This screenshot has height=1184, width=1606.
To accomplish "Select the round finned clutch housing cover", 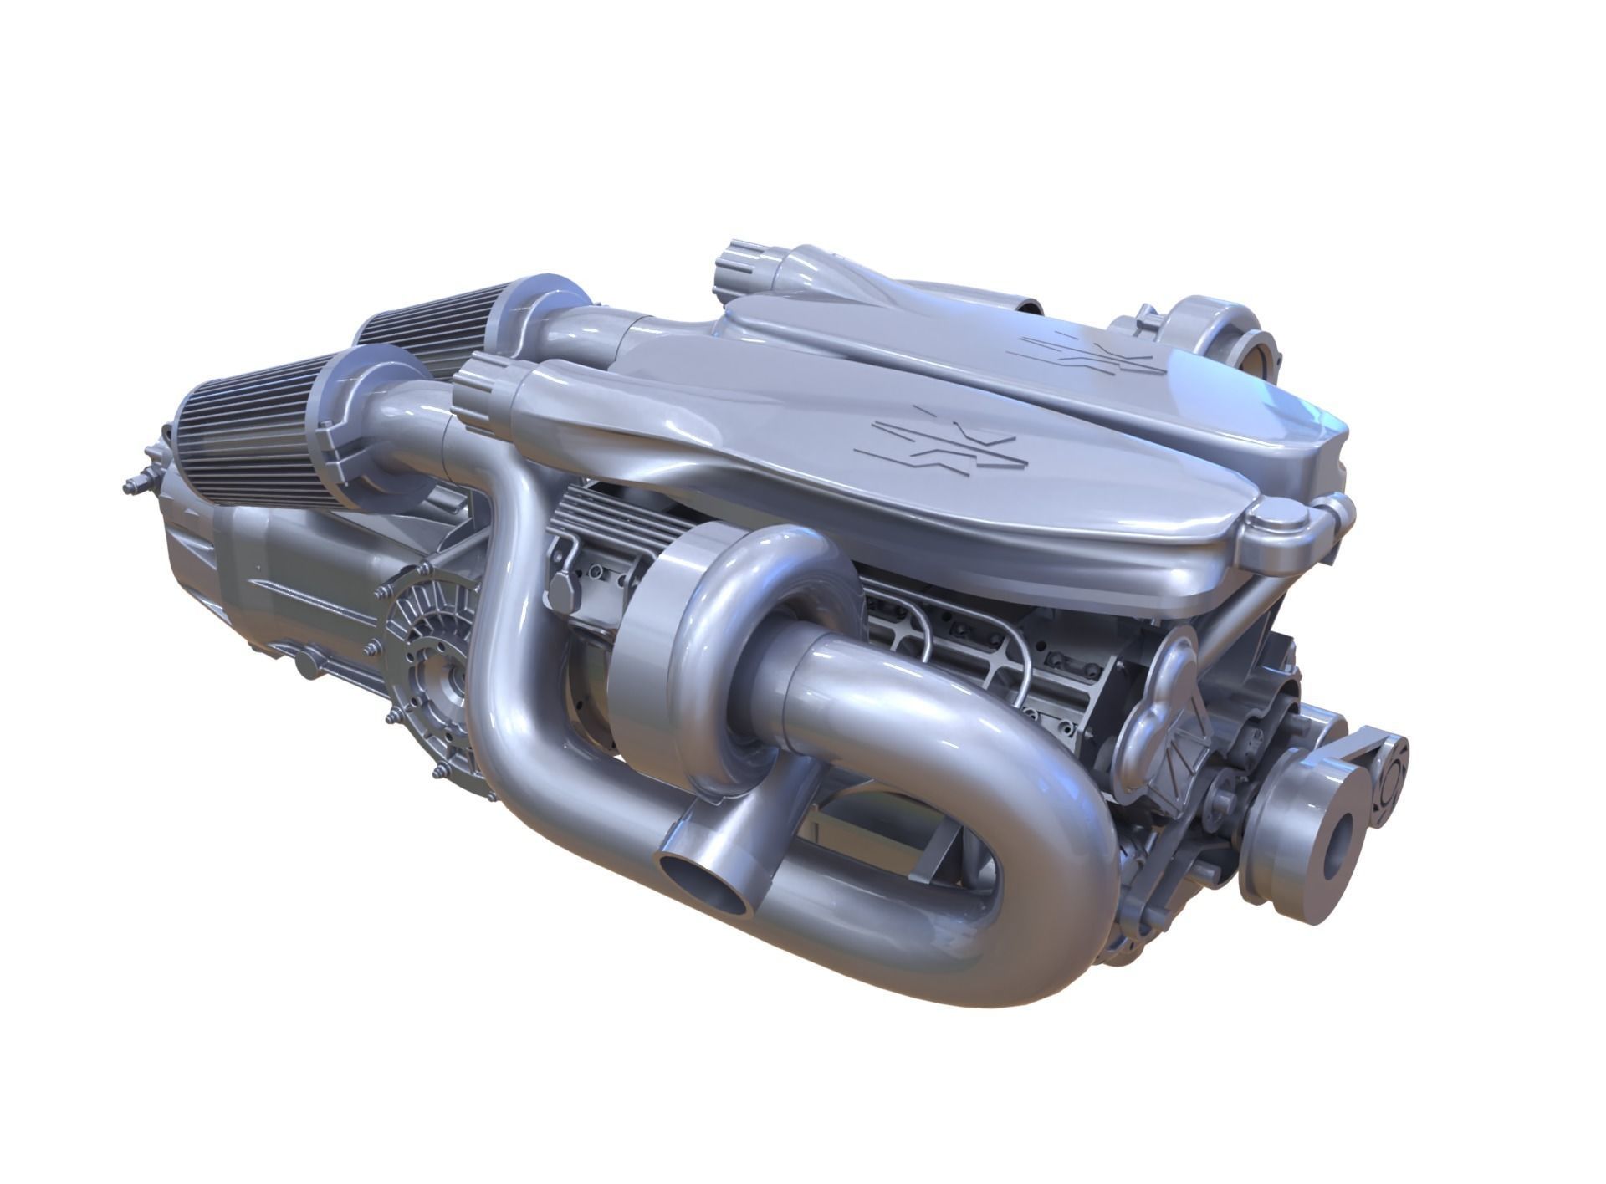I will (418, 669).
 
